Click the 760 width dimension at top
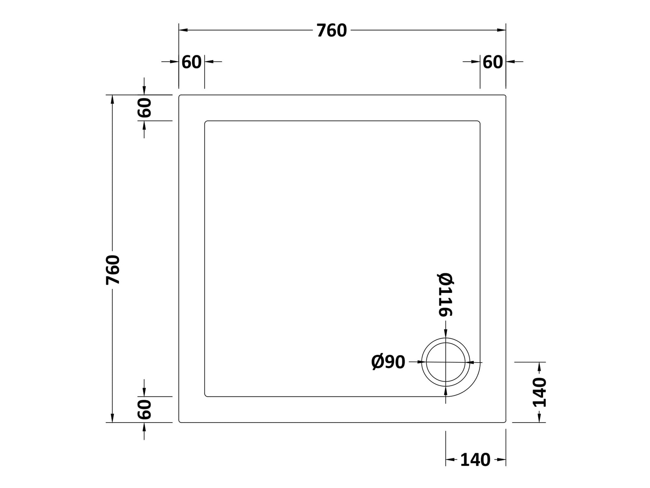tap(332, 30)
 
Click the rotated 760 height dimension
tap(113, 270)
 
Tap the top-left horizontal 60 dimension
tap(191, 62)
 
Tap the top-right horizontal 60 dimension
tap(493, 62)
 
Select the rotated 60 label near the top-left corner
tap(145, 108)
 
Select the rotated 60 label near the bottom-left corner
tap(145, 409)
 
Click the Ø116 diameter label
tap(445, 294)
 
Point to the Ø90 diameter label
tap(388, 362)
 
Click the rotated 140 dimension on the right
tap(539, 392)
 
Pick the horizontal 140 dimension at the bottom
tap(475, 460)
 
